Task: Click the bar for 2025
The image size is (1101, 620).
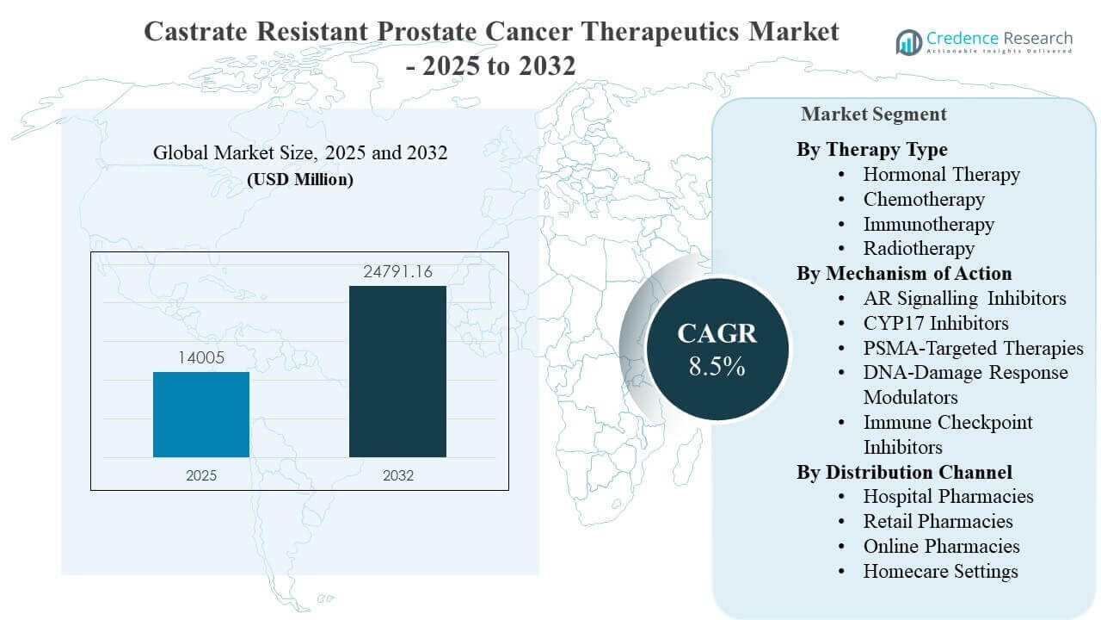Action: pyautogui.click(x=201, y=414)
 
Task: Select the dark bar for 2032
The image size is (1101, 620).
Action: pyautogui.click(x=397, y=371)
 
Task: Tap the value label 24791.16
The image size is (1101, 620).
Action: pyautogui.click(x=397, y=273)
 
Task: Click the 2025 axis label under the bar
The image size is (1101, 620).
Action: pyautogui.click(x=202, y=475)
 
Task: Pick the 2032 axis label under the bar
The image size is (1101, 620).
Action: pyautogui.click(x=397, y=475)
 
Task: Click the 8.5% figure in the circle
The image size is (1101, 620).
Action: pyautogui.click(x=717, y=366)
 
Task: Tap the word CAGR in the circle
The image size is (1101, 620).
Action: pyautogui.click(x=717, y=334)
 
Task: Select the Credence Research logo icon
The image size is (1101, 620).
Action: pyautogui.click(x=908, y=41)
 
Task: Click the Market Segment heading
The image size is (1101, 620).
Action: pyautogui.click(x=874, y=114)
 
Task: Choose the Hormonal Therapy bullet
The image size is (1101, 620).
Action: pyautogui.click(x=941, y=175)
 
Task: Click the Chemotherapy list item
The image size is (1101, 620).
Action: pyautogui.click(x=924, y=200)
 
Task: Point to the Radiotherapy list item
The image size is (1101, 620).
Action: pyautogui.click(x=919, y=249)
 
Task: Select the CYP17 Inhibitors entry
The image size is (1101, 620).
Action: pyautogui.click(x=936, y=323)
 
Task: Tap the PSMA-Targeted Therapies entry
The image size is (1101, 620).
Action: pyautogui.click(x=973, y=348)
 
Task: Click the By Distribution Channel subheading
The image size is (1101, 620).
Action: pyautogui.click(x=904, y=472)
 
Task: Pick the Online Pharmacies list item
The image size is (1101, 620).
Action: pyautogui.click(x=941, y=546)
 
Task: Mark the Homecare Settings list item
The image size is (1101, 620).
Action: pyautogui.click(x=940, y=571)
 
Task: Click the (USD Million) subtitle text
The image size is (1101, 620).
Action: pyautogui.click(x=300, y=181)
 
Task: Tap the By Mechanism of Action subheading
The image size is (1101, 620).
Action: pyautogui.click(x=904, y=274)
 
